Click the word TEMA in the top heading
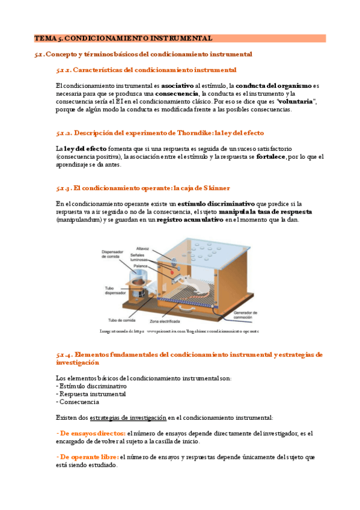coord(44,38)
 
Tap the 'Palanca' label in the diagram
coord(141,265)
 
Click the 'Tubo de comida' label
coord(120,320)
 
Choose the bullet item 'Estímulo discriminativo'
coord(92,386)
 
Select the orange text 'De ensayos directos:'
coord(91,433)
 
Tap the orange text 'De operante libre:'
coord(87,456)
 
